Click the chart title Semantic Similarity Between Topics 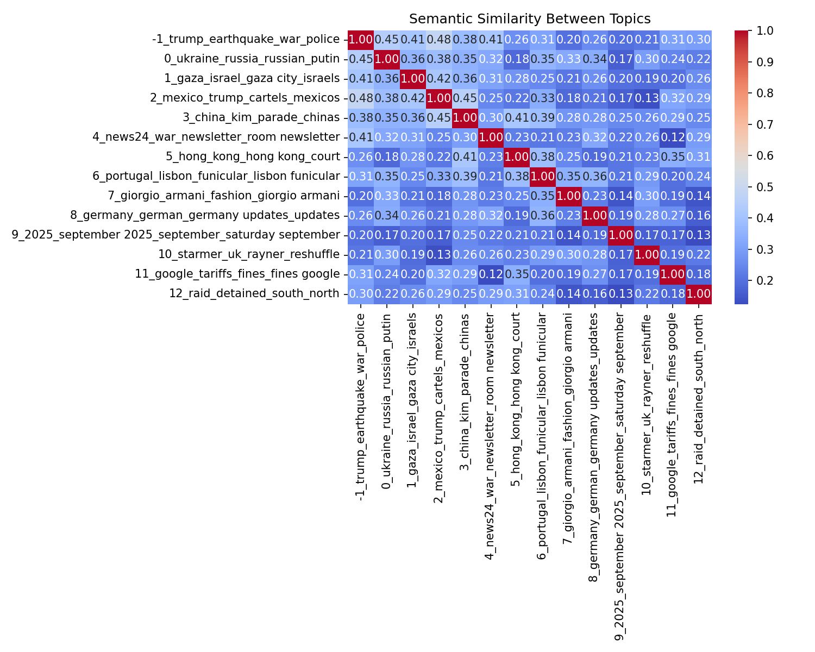point(530,19)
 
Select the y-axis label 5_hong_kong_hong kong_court point(253,156)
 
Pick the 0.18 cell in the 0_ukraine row point(517,59)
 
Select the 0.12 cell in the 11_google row point(491,274)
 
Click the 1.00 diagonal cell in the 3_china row point(465,117)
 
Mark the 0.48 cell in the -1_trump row point(438,39)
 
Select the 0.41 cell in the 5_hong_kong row point(465,156)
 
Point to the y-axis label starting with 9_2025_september point(177,235)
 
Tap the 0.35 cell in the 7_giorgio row point(543,196)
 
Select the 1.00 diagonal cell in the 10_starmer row point(647,254)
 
